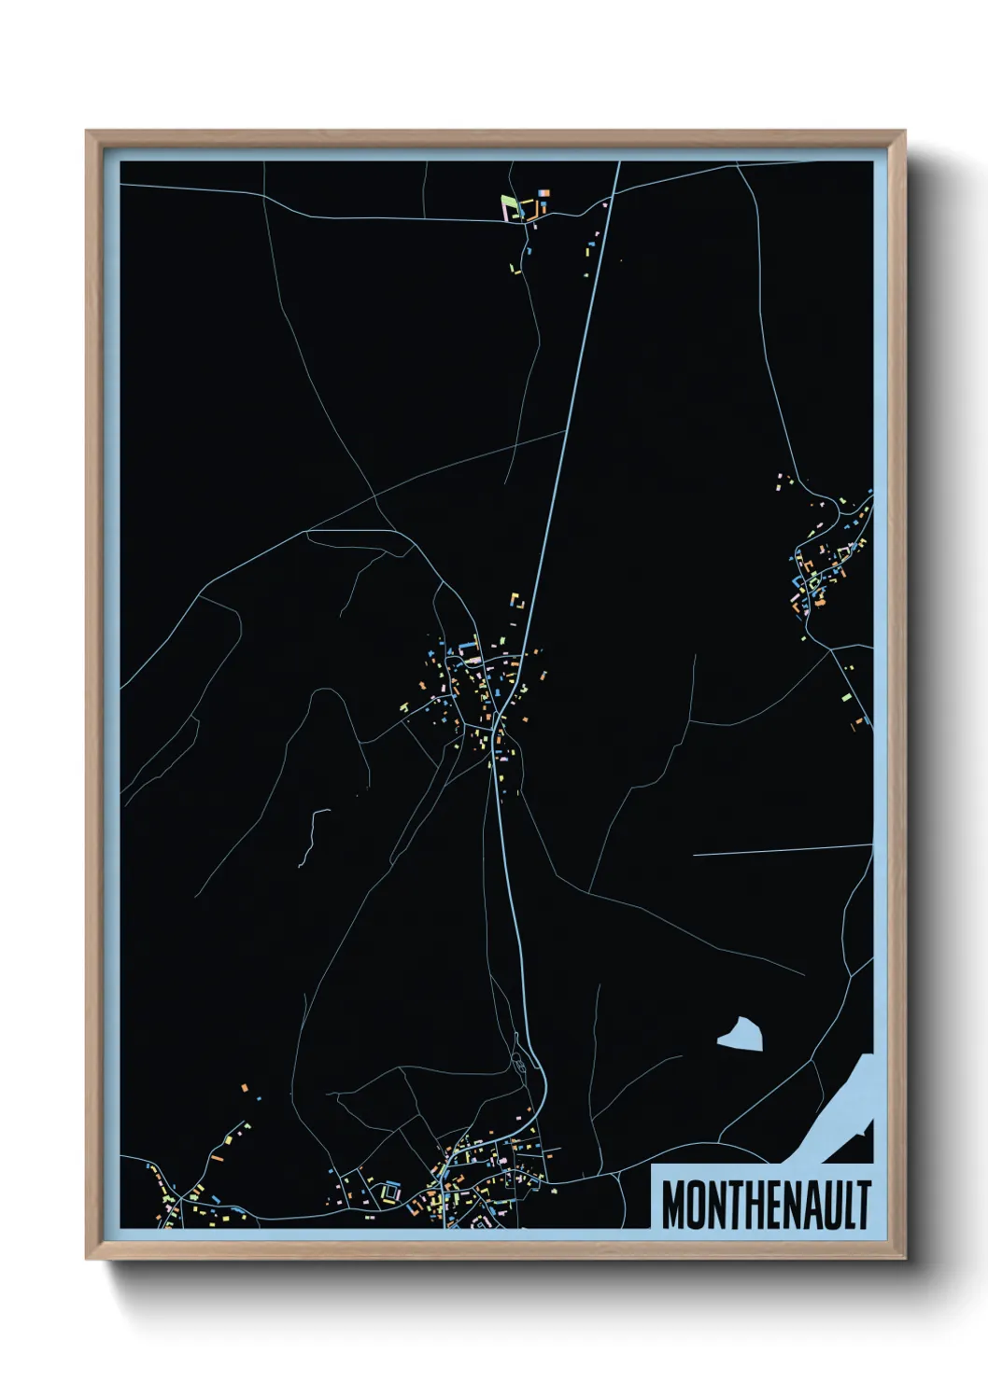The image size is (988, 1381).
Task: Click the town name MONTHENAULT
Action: coord(766,1205)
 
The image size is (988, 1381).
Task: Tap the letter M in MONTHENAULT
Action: coord(674,1205)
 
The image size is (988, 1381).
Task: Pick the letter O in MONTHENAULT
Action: coord(697,1205)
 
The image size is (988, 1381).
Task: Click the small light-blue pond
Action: coord(741,1034)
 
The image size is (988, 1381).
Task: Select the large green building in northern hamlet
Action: coord(507,203)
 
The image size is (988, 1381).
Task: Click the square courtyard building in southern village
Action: coord(389,1191)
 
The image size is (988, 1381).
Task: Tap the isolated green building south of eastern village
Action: coord(846,696)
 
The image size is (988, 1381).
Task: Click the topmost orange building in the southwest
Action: coord(245,1088)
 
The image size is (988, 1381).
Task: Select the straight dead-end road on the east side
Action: coord(781,849)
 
